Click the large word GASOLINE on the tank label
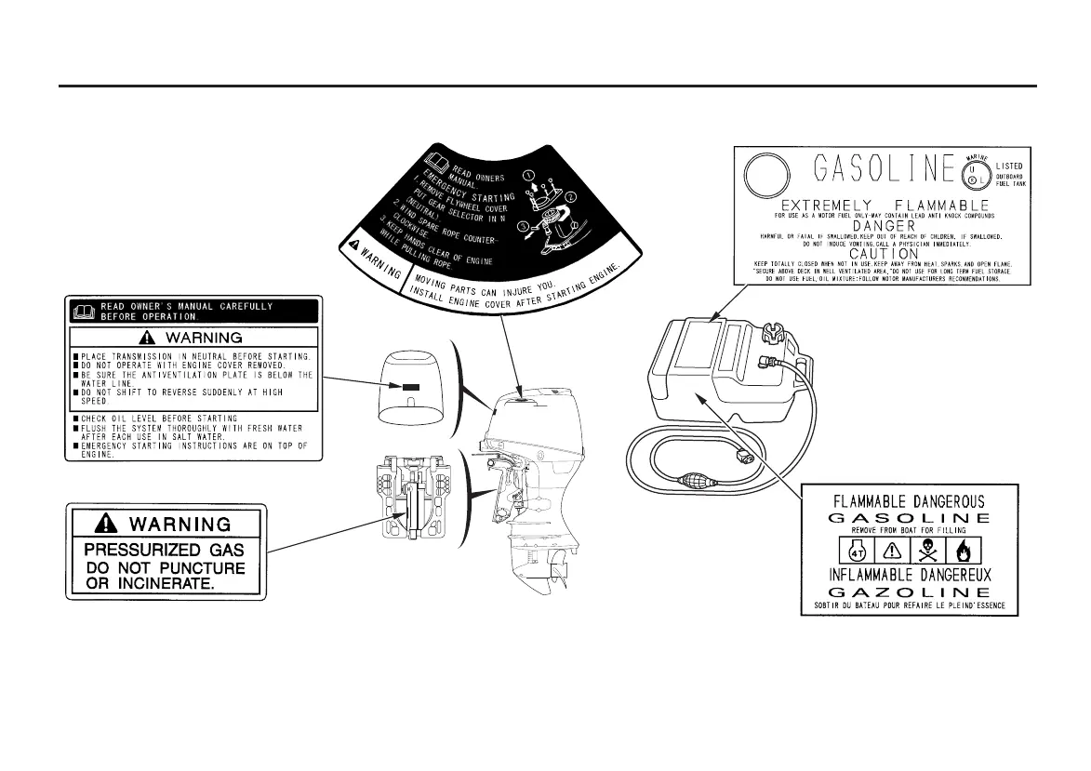(x=871, y=171)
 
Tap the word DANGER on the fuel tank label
(x=877, y=226)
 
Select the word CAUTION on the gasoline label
(x=877, y=252)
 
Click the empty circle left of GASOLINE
(x=764, y=171)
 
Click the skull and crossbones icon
(x=928, y=549)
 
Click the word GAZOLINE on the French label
(x=910, y=592)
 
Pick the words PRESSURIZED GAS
(x=166, y=549)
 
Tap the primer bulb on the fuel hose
(x=693, y=484)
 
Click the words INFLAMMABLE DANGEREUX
(x=910, y=574)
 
